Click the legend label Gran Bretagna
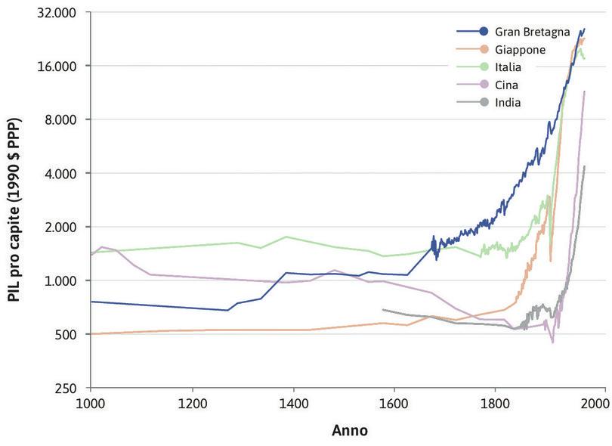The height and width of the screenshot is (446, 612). click(x=527, y=32)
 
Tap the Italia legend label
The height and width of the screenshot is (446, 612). click(x=508, y=67)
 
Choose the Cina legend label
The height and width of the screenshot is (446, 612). click(x=506, y=85)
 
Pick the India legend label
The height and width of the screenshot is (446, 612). click(x=508, y=102)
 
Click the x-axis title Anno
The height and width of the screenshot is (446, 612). click(x=349, y=431)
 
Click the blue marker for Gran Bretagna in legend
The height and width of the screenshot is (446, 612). click(x=483, y=32)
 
